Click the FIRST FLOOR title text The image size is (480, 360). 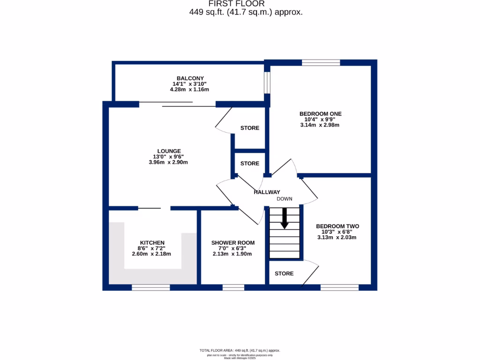click(246, 4)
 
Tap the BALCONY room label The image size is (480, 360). click(190, 78)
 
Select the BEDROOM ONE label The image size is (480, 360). click(320, 113)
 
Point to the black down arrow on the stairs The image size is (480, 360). click(284, 219)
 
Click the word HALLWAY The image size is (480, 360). click(267, 192)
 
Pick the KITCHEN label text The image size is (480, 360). click(152, 243)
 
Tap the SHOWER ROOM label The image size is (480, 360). click(232, 243)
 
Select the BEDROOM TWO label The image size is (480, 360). click(337, 225)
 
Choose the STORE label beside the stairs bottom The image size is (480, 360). click(284, 273)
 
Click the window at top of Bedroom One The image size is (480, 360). click(321, 62)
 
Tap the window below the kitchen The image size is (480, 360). click(150, 287)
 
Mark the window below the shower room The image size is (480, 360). click(233, 287)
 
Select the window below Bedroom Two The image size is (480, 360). click(339, 287)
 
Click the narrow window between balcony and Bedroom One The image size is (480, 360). click(267, 82)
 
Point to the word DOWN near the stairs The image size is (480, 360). click(284, 199)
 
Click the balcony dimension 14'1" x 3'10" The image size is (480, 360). click(190, 84)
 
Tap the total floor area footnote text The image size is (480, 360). click(240, 350)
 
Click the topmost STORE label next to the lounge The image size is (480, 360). click(249, 128)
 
